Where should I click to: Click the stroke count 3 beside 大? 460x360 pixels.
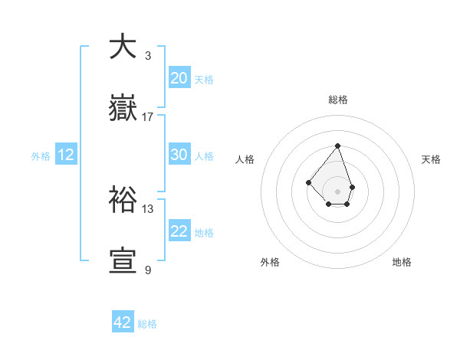[x=148, y=55]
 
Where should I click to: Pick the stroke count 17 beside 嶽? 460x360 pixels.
[x=148, y=116]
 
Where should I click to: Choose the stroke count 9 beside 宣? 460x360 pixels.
[x=148, y=270]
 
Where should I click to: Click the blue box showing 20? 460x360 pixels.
[x=179, y=77]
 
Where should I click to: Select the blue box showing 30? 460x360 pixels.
[x=179, y=154]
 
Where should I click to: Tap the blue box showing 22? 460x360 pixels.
[x=179, y=231]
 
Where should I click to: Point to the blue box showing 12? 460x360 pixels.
[x=66, y=155]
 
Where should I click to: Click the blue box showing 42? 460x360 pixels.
[x=123, y=322]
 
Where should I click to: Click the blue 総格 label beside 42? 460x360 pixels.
[x=147, y=324]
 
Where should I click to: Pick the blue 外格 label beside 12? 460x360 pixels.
[x=41, y=156]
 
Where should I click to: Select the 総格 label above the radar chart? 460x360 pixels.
[x=337, y=100]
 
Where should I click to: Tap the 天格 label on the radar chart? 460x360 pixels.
[x=431, y=159]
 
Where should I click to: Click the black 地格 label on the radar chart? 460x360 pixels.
[x=402, y=262]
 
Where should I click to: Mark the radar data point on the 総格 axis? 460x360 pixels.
[x=337, y=146]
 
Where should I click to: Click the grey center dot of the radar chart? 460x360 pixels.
[x=337, y=191]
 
